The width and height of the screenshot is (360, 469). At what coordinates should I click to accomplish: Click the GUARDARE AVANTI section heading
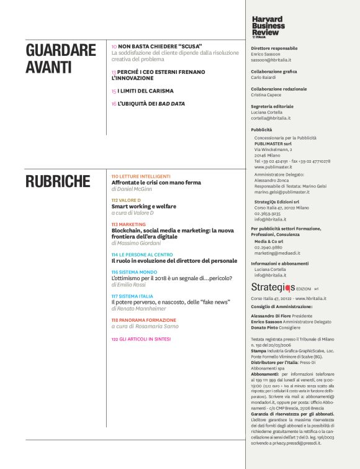(61, 59)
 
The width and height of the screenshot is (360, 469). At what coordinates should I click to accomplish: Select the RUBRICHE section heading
(58, 181)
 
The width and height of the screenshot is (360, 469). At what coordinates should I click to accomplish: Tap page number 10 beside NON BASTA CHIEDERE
(114, 47)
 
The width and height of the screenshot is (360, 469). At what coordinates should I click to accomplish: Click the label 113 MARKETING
(128, 224)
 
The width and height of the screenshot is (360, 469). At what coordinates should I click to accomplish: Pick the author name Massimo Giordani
(140, 243)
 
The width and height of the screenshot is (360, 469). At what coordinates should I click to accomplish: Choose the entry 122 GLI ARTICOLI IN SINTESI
(141, 339)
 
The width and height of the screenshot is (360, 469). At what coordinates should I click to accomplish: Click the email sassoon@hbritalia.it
(273, 61)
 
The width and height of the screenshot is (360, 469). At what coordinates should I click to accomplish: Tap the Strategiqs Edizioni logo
(279, 288)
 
